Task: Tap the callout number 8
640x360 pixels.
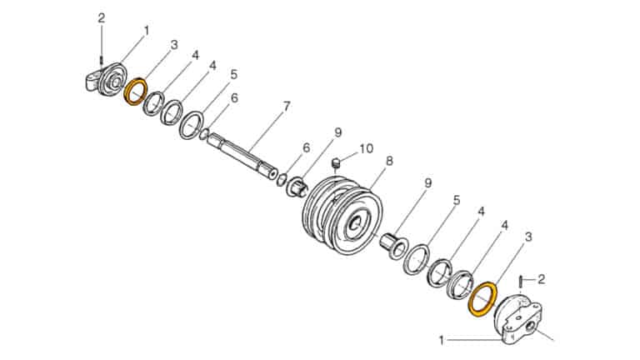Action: point(389,160)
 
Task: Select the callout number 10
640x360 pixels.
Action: point(367,148)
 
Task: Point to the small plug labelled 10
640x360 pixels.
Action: point(337,162)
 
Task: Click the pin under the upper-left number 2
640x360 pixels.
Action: point(102,59)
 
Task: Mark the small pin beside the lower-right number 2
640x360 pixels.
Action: point(522,283)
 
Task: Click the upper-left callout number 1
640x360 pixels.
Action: point(147,30)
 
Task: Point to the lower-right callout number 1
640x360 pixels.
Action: point(442,340)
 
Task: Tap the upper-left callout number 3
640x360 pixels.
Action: point(174,43)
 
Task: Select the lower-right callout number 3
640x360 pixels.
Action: point(527,238)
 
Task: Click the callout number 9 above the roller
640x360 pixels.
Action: point(338,132)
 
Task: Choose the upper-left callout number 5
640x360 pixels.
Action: point(233,74)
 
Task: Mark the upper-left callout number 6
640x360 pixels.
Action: point(234,97)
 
